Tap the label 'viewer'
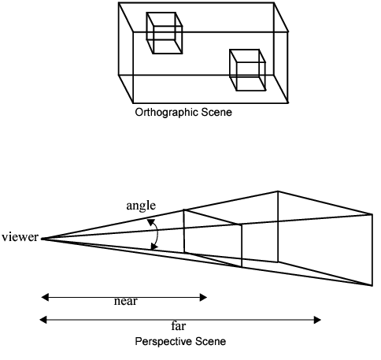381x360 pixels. (19, 237)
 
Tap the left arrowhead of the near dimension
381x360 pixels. (43, 297)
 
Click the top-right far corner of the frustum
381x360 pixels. (372, 213)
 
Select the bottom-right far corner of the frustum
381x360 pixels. (372, 284)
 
